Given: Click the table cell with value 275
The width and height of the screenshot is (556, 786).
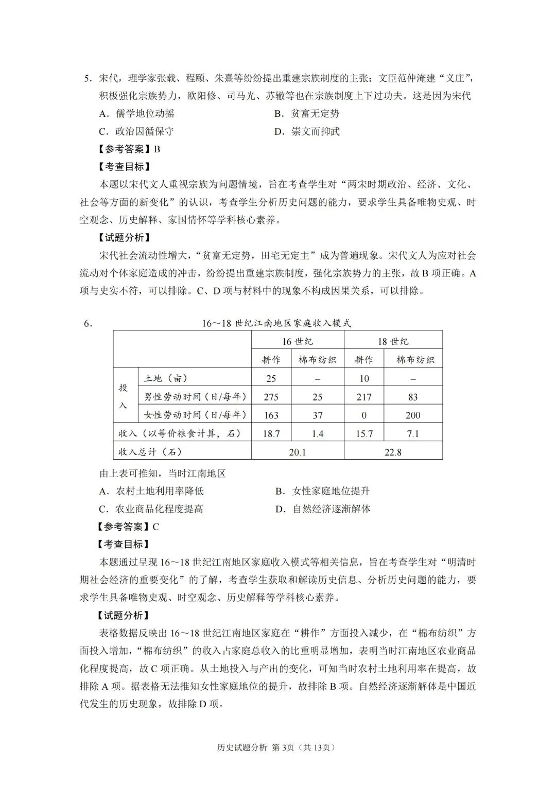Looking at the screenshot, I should point(271,397).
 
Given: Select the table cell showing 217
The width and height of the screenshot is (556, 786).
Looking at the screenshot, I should point(364,397).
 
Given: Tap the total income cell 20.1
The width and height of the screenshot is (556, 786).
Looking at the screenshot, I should point(298,452).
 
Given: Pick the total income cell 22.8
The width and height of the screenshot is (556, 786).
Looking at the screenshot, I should point(393,452).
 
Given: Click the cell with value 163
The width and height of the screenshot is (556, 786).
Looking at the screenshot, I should point(271,415).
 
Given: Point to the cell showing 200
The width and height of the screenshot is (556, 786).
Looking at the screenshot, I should point(413,415).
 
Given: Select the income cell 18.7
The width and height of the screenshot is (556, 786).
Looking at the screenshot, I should point(271,434).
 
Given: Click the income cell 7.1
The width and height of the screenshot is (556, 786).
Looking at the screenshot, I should point(413,434).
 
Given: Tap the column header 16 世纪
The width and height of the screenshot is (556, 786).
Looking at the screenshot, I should point(298,341).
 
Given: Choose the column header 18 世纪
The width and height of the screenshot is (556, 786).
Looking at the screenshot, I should point(393,341).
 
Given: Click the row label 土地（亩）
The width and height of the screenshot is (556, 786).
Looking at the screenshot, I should point(166,378).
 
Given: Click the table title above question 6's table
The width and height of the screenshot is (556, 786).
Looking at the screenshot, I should point(276,323).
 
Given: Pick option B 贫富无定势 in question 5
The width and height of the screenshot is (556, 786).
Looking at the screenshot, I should point(307,114).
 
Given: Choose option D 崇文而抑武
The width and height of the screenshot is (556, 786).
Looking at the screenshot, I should point(307,131).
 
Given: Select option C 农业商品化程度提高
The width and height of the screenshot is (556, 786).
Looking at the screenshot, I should point(151,509).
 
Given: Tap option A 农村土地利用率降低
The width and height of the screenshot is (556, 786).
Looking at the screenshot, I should point(151,491).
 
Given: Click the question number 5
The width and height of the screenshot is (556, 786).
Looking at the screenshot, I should point(88,78).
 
